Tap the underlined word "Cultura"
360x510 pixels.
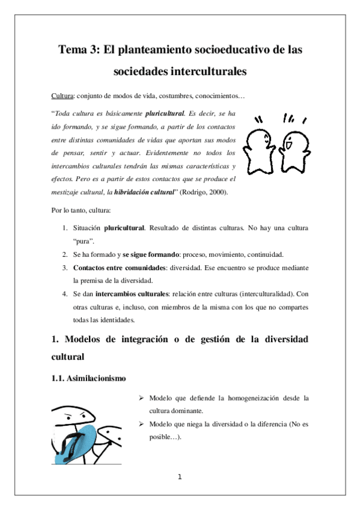[x=62, y=96]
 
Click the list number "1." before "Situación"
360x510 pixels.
[x=65, y=229]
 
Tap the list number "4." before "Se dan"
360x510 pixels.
[x=65, y=294]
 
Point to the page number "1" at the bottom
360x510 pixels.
[x=180, y=478]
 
